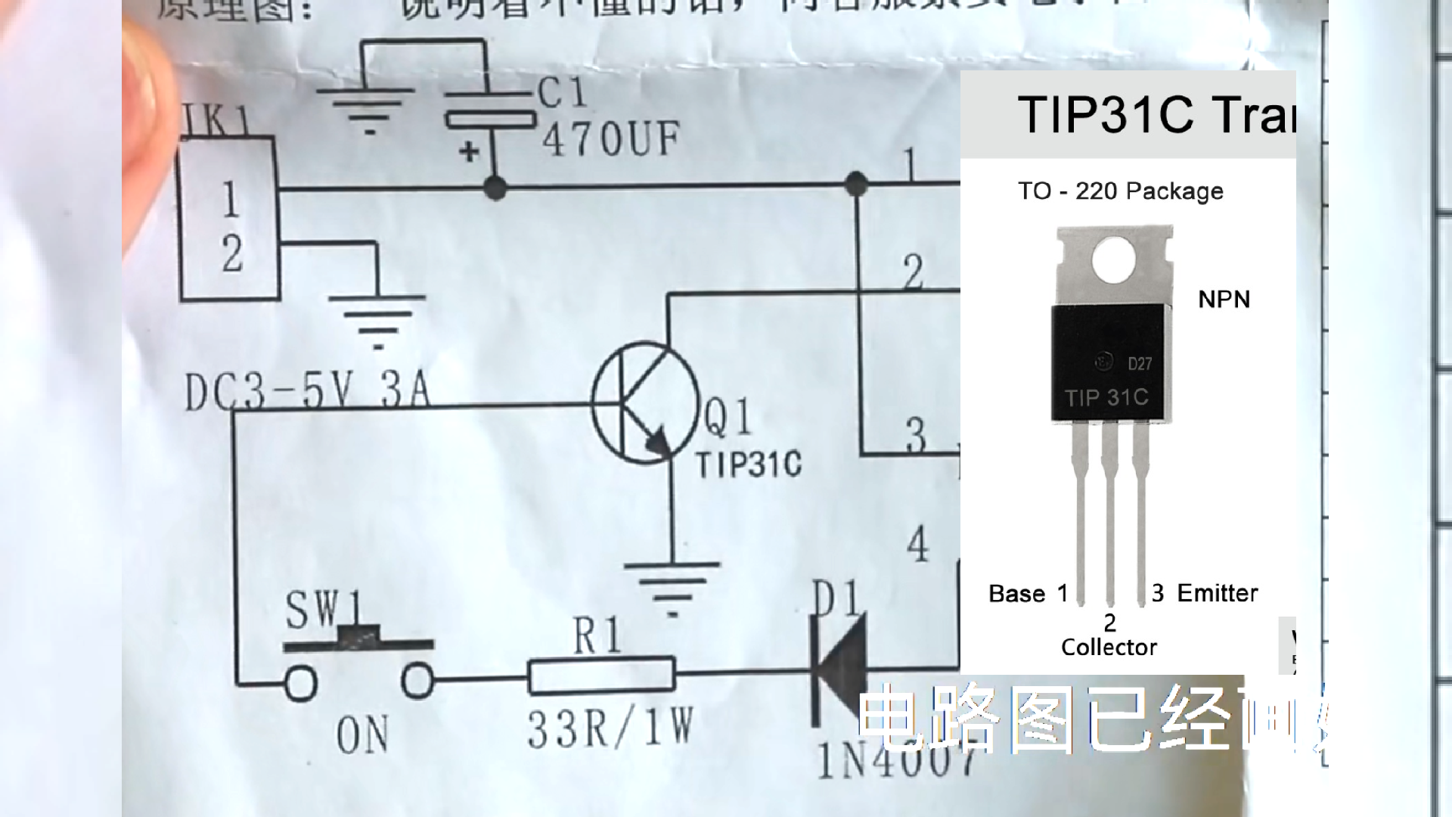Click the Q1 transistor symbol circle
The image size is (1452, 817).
click(645, 403)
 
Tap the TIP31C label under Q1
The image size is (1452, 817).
click(749, 464)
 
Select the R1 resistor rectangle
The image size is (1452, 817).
click(601, 676)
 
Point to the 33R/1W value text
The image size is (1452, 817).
click(610, 729)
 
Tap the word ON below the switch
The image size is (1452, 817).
click(362, 735)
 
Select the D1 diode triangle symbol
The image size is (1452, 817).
click(839, 672)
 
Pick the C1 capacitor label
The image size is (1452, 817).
click(563, 94)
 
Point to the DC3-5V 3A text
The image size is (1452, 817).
click(307, 392)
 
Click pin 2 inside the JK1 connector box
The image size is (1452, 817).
click(232, 253)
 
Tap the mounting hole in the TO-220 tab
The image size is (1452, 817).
click(1114, 259)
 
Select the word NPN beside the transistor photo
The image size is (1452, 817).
click(1224, 300)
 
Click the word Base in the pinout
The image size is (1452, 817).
click(1016, 594)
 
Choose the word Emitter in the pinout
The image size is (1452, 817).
click(1218, 593)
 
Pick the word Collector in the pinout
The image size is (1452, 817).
click(1109, 648)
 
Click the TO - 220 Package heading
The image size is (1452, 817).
click(1120, 191)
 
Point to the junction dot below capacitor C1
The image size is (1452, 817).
click(495, 187)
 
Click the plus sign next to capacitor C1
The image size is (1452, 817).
click(469, 152)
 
